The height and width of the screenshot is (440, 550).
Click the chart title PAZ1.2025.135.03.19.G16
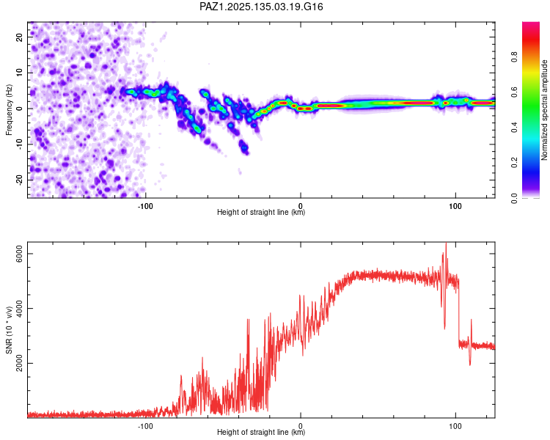(261, 7)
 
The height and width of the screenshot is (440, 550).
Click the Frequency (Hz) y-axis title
(9, 110)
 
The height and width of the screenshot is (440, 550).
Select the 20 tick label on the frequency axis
(19, 37)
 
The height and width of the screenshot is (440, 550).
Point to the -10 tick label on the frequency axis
(19, 144)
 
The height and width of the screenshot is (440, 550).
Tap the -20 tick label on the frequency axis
(19, 180)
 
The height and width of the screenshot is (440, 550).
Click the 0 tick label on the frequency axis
(19, 109)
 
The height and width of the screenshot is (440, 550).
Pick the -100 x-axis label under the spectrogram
(145, 206)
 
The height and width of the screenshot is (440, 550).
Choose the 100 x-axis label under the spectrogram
(455, 206)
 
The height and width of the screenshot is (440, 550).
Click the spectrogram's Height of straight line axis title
(261, 212)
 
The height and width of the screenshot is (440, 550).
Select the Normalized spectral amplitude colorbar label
(544, 110)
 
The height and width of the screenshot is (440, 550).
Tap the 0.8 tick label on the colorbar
(515, 57)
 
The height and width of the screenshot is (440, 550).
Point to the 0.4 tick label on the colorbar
(515, 128)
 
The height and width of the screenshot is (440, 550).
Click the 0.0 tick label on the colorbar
(515, 198)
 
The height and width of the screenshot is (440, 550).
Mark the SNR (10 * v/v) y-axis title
(9, 330)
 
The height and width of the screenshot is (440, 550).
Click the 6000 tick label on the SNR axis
(19, 253)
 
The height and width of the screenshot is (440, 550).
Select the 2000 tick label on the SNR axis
(19, 363)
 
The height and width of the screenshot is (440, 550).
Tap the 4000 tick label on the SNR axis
(19, 309)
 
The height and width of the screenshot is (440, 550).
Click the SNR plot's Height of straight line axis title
(261, 432)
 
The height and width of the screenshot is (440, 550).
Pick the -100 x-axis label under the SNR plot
(145, 426)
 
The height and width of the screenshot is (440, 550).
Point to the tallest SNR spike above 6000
(446, 243)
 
